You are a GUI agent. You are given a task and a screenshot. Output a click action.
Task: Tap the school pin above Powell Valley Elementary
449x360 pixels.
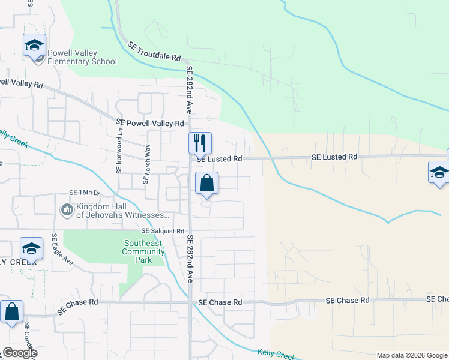pyautogui.click(x=34, y=45)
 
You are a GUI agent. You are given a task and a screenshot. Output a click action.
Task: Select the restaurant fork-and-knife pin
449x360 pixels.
pyautogui.click(x=200, y=143)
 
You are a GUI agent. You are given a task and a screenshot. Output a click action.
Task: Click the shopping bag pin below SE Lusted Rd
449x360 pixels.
pyautogui.click(x=206, y=184)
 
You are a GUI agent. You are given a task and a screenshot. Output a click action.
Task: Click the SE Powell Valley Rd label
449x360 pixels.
pyautogui.click(x=149, y=123)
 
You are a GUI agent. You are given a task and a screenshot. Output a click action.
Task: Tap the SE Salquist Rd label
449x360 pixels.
pyautogui.click(x=163, y=231)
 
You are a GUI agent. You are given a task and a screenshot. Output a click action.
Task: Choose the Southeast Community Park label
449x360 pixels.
pyautogui.click(x=143, y=248)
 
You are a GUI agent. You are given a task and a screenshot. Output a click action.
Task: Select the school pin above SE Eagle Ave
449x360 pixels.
pyautogui.click(x=31, y=248)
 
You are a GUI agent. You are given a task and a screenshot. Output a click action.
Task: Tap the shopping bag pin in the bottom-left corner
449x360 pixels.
pyautogui.click(x=11, y=312)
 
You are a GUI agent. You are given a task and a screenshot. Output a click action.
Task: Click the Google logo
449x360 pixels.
pyautogui.click(x=19, y=352)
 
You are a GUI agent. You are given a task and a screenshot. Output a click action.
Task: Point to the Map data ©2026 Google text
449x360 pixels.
pyautogui.click(x=412, y=355)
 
